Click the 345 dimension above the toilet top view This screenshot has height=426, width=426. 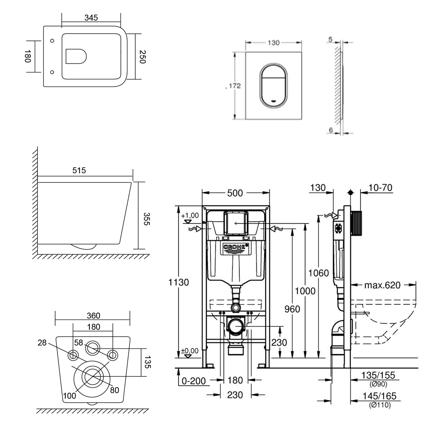[91, 18]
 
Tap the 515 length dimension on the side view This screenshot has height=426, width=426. [79, 170]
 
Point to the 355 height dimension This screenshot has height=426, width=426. [146, 219]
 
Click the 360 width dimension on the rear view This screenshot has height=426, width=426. [93, 316]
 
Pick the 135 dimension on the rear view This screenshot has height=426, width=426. [147, 362]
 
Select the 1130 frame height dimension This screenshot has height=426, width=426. [179, 282]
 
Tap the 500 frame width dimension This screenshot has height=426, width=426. [235, 193]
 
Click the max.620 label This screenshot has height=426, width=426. [382, 285]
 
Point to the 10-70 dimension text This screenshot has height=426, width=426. [380, 188]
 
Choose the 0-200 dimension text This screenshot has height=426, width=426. [194, 381]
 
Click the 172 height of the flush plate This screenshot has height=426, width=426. [235, 86]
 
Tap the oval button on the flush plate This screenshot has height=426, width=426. [273, 85]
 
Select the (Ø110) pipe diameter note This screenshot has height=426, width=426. [380, 405]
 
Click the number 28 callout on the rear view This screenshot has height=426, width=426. [42, 343]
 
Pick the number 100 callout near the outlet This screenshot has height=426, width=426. [70, 395]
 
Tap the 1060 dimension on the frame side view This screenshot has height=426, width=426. [319, 273]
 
